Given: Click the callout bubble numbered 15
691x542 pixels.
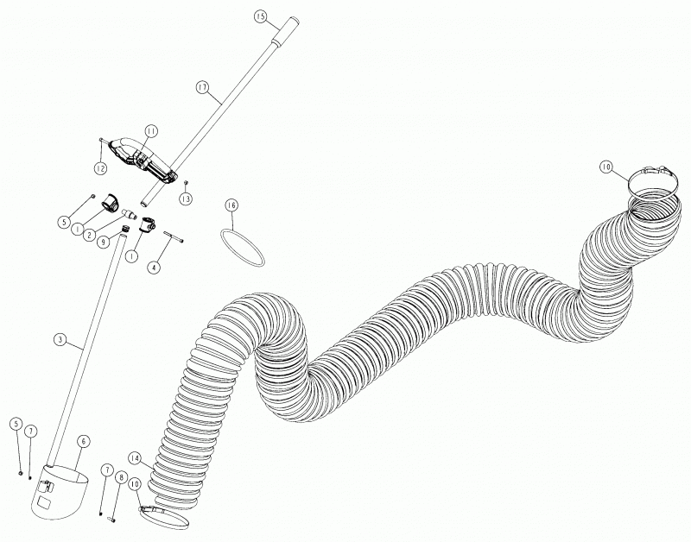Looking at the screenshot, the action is point(261,16).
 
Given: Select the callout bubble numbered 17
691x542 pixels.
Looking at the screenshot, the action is point(202,87).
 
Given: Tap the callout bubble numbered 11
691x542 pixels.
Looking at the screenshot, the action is point(151,131).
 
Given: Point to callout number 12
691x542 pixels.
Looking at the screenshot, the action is point(100,167).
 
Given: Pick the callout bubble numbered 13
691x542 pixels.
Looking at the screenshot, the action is point(186,199).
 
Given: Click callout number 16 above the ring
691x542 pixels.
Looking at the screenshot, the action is point(231,205).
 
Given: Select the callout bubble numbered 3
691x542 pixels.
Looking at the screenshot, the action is point(60,339).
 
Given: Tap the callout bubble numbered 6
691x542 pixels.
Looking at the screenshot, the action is point(83,441).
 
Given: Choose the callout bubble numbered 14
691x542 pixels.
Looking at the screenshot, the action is point(135,458).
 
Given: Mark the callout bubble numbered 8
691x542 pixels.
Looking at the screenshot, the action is point(120,476).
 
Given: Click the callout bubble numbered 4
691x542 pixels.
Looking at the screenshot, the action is point(154,268).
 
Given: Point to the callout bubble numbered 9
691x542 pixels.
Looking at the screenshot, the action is point(103,243).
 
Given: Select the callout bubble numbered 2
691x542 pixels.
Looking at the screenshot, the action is point(90,235).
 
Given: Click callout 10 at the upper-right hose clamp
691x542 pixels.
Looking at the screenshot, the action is point(606,167).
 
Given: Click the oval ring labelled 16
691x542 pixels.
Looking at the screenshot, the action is point(242,247).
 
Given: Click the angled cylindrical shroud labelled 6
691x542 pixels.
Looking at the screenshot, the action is point(59,493).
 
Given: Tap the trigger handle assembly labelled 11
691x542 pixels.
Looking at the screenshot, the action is point(142,161).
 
